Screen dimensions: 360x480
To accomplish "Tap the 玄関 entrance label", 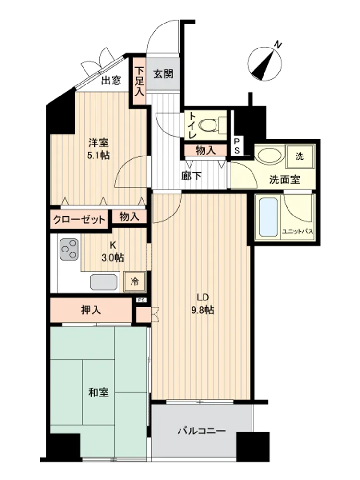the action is coord(163,74).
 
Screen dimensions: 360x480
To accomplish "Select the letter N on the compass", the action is coord(277,45).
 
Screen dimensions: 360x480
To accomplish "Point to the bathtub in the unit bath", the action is coord(268,217).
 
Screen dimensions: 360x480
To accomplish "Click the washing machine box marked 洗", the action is coord(300,156).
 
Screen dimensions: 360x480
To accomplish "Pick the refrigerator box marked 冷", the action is coord(134,282).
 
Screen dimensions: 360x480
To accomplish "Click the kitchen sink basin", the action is coord(104,282).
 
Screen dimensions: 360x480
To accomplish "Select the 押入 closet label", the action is coord(91,311).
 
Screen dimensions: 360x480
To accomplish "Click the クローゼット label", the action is coord(79,219).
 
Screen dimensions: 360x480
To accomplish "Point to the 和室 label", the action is coord(98,392).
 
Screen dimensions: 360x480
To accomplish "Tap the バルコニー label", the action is coord(202,431).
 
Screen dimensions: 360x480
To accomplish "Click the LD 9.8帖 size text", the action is coord(203,304).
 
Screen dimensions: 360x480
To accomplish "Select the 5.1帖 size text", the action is coord(98,156).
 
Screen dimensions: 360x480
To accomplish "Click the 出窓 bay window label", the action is coord(111,81).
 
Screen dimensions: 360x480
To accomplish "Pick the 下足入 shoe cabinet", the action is coord(140,82).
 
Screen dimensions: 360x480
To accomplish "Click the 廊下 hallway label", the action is coord(192,176).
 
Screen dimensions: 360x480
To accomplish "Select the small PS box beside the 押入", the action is coord(141,300).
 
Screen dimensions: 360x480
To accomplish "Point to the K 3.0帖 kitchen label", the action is coord(113,252).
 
